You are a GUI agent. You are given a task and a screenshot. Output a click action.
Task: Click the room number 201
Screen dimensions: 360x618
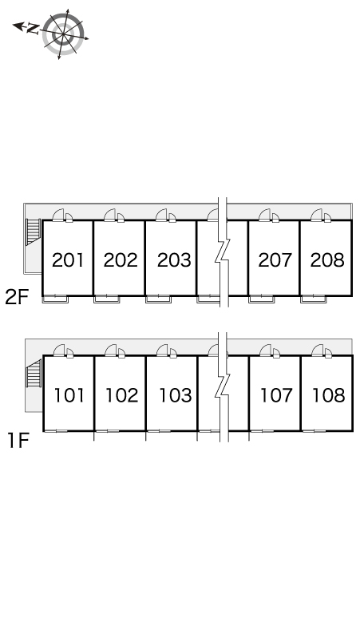[68, 260]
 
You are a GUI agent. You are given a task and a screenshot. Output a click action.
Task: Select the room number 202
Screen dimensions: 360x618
[121, 260]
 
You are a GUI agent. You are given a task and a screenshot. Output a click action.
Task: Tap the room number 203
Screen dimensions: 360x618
[174, 260]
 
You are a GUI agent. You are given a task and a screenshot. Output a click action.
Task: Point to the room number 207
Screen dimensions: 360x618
[275, 260]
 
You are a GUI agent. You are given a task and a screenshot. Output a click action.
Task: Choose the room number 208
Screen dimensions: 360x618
[327, 260]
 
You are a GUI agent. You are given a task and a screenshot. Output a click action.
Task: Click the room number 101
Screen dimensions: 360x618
[69, 395]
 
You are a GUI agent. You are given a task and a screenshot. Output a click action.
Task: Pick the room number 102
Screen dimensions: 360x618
[121, 395]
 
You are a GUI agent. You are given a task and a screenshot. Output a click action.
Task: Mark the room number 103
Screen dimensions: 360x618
[176, 395]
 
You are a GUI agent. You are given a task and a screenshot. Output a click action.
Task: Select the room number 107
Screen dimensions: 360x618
[276, 395]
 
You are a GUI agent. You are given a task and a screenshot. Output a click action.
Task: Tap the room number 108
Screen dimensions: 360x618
[329, 395]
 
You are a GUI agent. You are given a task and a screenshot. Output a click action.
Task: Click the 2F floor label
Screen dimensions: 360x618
[18, 297]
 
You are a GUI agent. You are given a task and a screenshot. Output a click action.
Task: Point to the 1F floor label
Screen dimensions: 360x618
[18, 441]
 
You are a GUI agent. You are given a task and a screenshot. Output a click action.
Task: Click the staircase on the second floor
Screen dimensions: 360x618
[33, 232]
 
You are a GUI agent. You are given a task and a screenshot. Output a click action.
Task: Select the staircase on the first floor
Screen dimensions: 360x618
[34, 374]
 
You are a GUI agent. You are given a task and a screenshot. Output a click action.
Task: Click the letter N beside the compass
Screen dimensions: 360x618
[33, 29]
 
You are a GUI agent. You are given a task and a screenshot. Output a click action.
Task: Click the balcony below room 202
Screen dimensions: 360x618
[106, 299]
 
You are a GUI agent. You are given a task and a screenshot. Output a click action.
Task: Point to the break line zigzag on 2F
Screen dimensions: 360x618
[223, 252]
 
